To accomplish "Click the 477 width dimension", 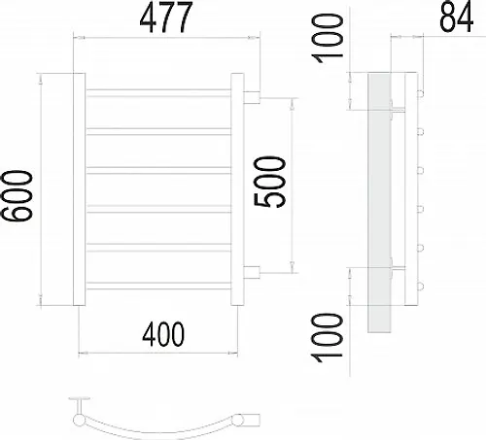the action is pyautogui.click(x=166, y=17).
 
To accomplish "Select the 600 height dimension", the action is pyautogui.click(x=17, y=196).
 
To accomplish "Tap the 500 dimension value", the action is pyautogui.click(x=270, y=182).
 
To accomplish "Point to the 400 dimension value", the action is pyautogui.click(x=163, y=334).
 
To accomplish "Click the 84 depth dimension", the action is pyautogui.click(x=456, y=17).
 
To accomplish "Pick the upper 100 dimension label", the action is pyautogui.click(x=327, y=38).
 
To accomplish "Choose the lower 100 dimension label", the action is pyautogui.click(x=327, y=337).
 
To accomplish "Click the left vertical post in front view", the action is pyautogui.click(x=79, y=189).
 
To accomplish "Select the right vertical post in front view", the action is pyautogui.click(x=237, y=189).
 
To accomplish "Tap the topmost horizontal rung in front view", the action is pyautogui.click(x=158, y=93).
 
